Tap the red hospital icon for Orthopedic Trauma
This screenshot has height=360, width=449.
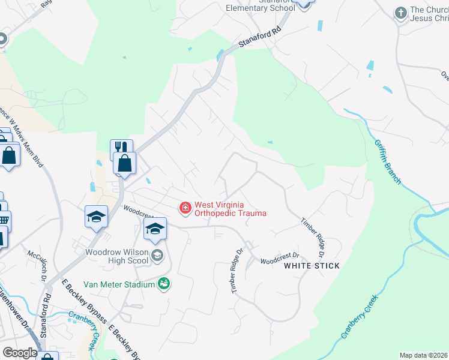click(x=185, y=208)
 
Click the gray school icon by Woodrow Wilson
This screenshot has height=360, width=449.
click(x=157, y=256)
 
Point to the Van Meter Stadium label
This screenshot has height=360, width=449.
click(x=119, y=284)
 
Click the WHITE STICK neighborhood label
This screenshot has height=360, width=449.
click(x=312, y=265)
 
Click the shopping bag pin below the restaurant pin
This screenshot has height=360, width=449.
click(x=125, y=163)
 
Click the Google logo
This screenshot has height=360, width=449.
click(x=20, y=352)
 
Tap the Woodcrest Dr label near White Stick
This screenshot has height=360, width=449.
click(x=279, y=260)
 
